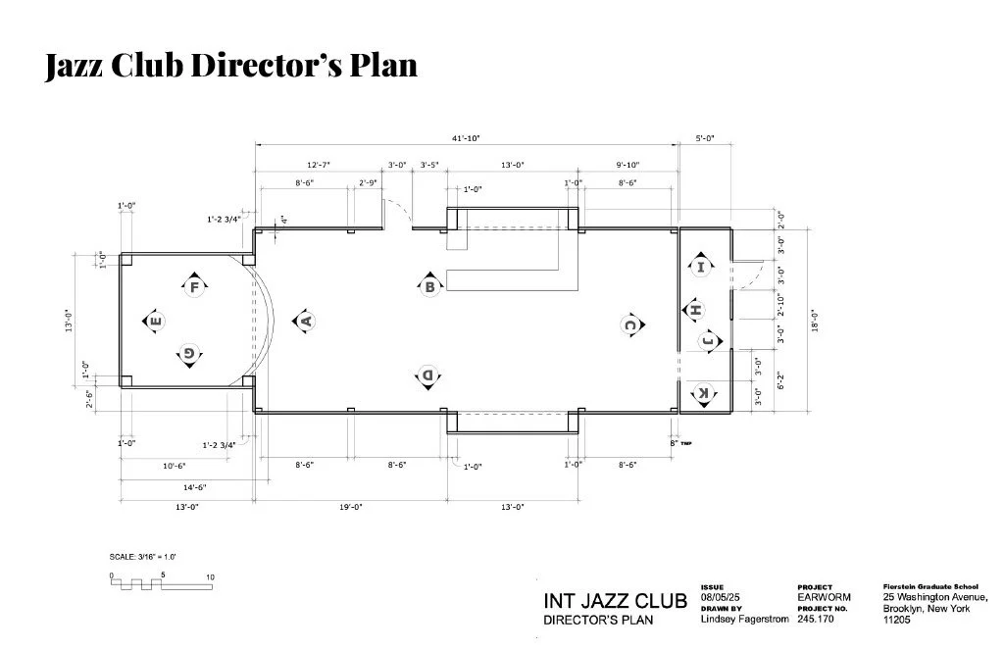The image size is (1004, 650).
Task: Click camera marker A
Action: (305, 320)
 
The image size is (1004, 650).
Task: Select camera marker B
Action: (429, 286)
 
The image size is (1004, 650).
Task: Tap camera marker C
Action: (631, 325)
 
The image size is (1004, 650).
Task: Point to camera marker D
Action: (428, 375)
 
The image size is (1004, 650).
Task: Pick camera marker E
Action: (154, 320)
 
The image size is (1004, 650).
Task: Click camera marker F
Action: (194, 286)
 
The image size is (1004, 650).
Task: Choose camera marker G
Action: (188, 354)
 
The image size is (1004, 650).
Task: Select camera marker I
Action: (701, 266)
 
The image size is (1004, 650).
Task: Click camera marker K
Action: (702, 394)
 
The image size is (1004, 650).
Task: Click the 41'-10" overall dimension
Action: (466, 139)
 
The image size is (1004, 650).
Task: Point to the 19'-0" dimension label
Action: (350, 507)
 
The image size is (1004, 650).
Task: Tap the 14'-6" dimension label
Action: (193, 486)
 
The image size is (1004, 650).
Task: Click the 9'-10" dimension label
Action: (628, 165)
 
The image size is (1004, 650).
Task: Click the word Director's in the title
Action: (271, 65)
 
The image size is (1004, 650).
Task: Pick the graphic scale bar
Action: (163, 582)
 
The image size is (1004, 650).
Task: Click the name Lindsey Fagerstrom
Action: (744, 619)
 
